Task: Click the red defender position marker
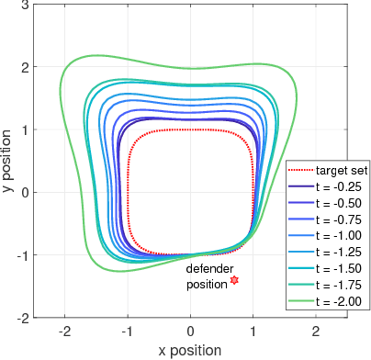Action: pos(234,280)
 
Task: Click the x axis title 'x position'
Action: pos(190,350)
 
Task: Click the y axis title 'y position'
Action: pos(9,162)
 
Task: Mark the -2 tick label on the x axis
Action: pos(63,330)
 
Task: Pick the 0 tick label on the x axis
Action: pos(190,330)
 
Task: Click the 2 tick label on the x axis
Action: pos(316,330)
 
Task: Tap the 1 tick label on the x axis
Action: pos(253,330)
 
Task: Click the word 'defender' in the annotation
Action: pos(209,269)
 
